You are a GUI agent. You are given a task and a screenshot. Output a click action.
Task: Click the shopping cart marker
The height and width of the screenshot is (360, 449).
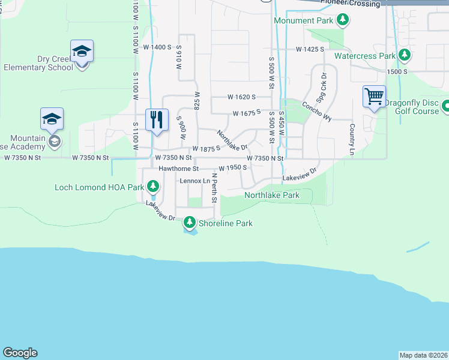(x=374, y=96)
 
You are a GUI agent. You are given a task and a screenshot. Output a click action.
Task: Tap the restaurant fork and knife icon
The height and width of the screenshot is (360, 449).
(x=157, y=118)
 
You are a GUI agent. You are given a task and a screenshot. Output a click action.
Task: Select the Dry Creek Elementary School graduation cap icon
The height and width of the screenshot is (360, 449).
(x=81, y=52)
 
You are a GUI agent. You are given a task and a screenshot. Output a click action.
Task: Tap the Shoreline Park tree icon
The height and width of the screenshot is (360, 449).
(x=190, y=223)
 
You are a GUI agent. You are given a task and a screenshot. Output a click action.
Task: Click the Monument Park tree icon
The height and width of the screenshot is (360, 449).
(x=343, y=21)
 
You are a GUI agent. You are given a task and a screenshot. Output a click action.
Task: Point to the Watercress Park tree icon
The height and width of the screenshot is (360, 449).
(x=404, y=56)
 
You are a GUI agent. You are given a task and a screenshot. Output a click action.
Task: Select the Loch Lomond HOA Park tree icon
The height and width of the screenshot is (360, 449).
(x=153, y=187)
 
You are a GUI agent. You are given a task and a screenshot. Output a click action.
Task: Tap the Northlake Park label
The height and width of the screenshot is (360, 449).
(x=271, y=196)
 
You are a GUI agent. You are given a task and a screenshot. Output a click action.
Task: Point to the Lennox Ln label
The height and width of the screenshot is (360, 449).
(x=194, y=181)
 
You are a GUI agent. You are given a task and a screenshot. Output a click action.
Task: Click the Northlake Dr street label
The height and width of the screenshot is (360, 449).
(x=232, y=141)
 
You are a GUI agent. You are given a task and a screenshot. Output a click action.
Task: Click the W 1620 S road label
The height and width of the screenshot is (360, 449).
(x=241, y=97)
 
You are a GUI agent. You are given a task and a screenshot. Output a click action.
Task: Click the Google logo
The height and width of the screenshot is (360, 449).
(x=20, y=353)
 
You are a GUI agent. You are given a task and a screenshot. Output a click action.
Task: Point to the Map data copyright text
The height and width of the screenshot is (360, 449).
(x=424, y=355)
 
